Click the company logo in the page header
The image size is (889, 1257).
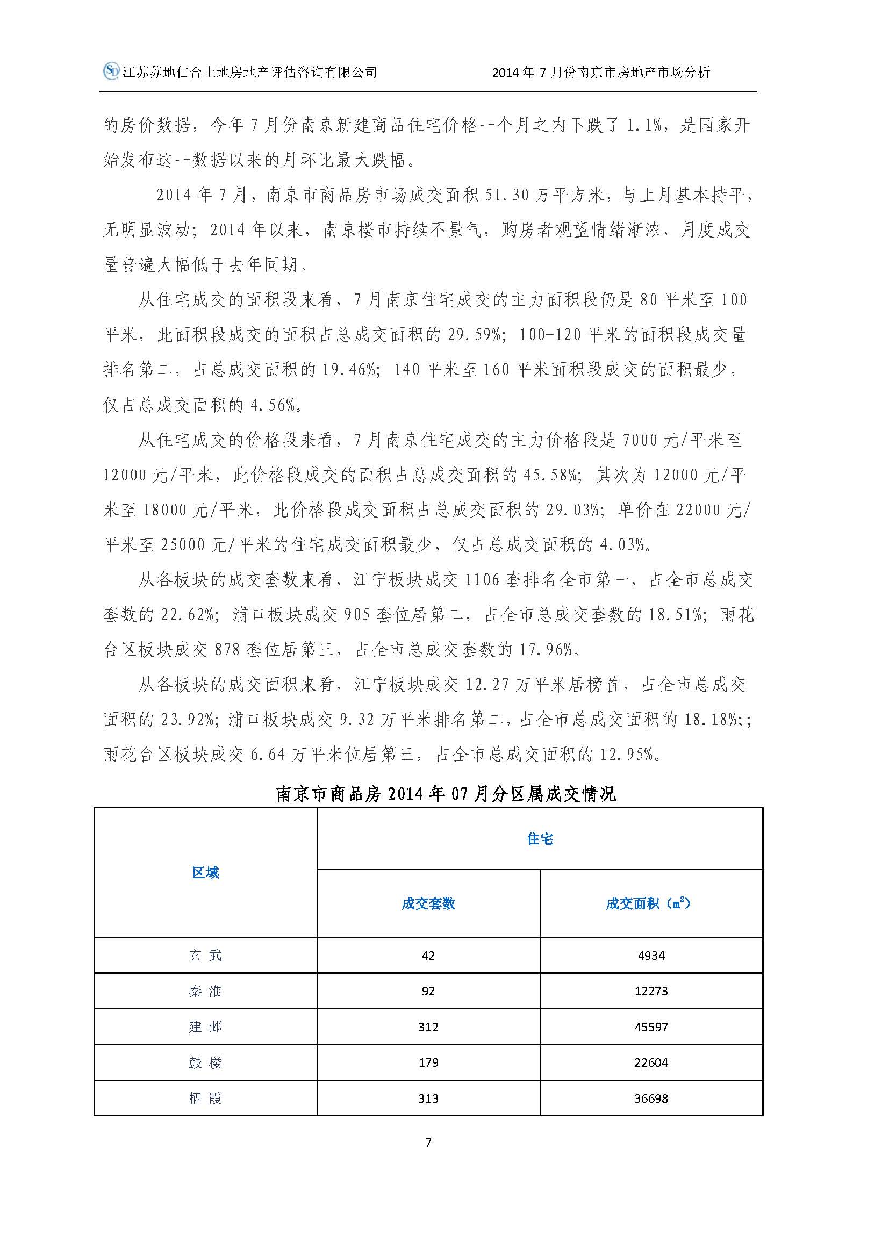point(112,71)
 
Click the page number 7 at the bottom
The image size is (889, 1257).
point(428,1143)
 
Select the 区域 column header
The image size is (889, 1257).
point(205,873)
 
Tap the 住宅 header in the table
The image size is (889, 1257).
point(540,839)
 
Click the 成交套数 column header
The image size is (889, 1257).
point(428,904)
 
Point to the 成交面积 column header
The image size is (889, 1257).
point(648,904)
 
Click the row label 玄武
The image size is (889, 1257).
point(205,956)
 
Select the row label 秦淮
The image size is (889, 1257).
point(205,992)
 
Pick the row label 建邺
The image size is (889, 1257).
point(205,1027)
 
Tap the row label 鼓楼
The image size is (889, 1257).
point(205,1062)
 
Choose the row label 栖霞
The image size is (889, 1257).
point(205,1098)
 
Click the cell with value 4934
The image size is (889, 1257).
point(651,956)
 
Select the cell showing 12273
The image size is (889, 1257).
point(651,992)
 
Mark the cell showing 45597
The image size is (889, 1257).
point(651,1027)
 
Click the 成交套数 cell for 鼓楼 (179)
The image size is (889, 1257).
point(428,1062)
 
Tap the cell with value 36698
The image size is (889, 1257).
point(651,1098)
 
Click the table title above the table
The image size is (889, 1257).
point(446,794)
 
